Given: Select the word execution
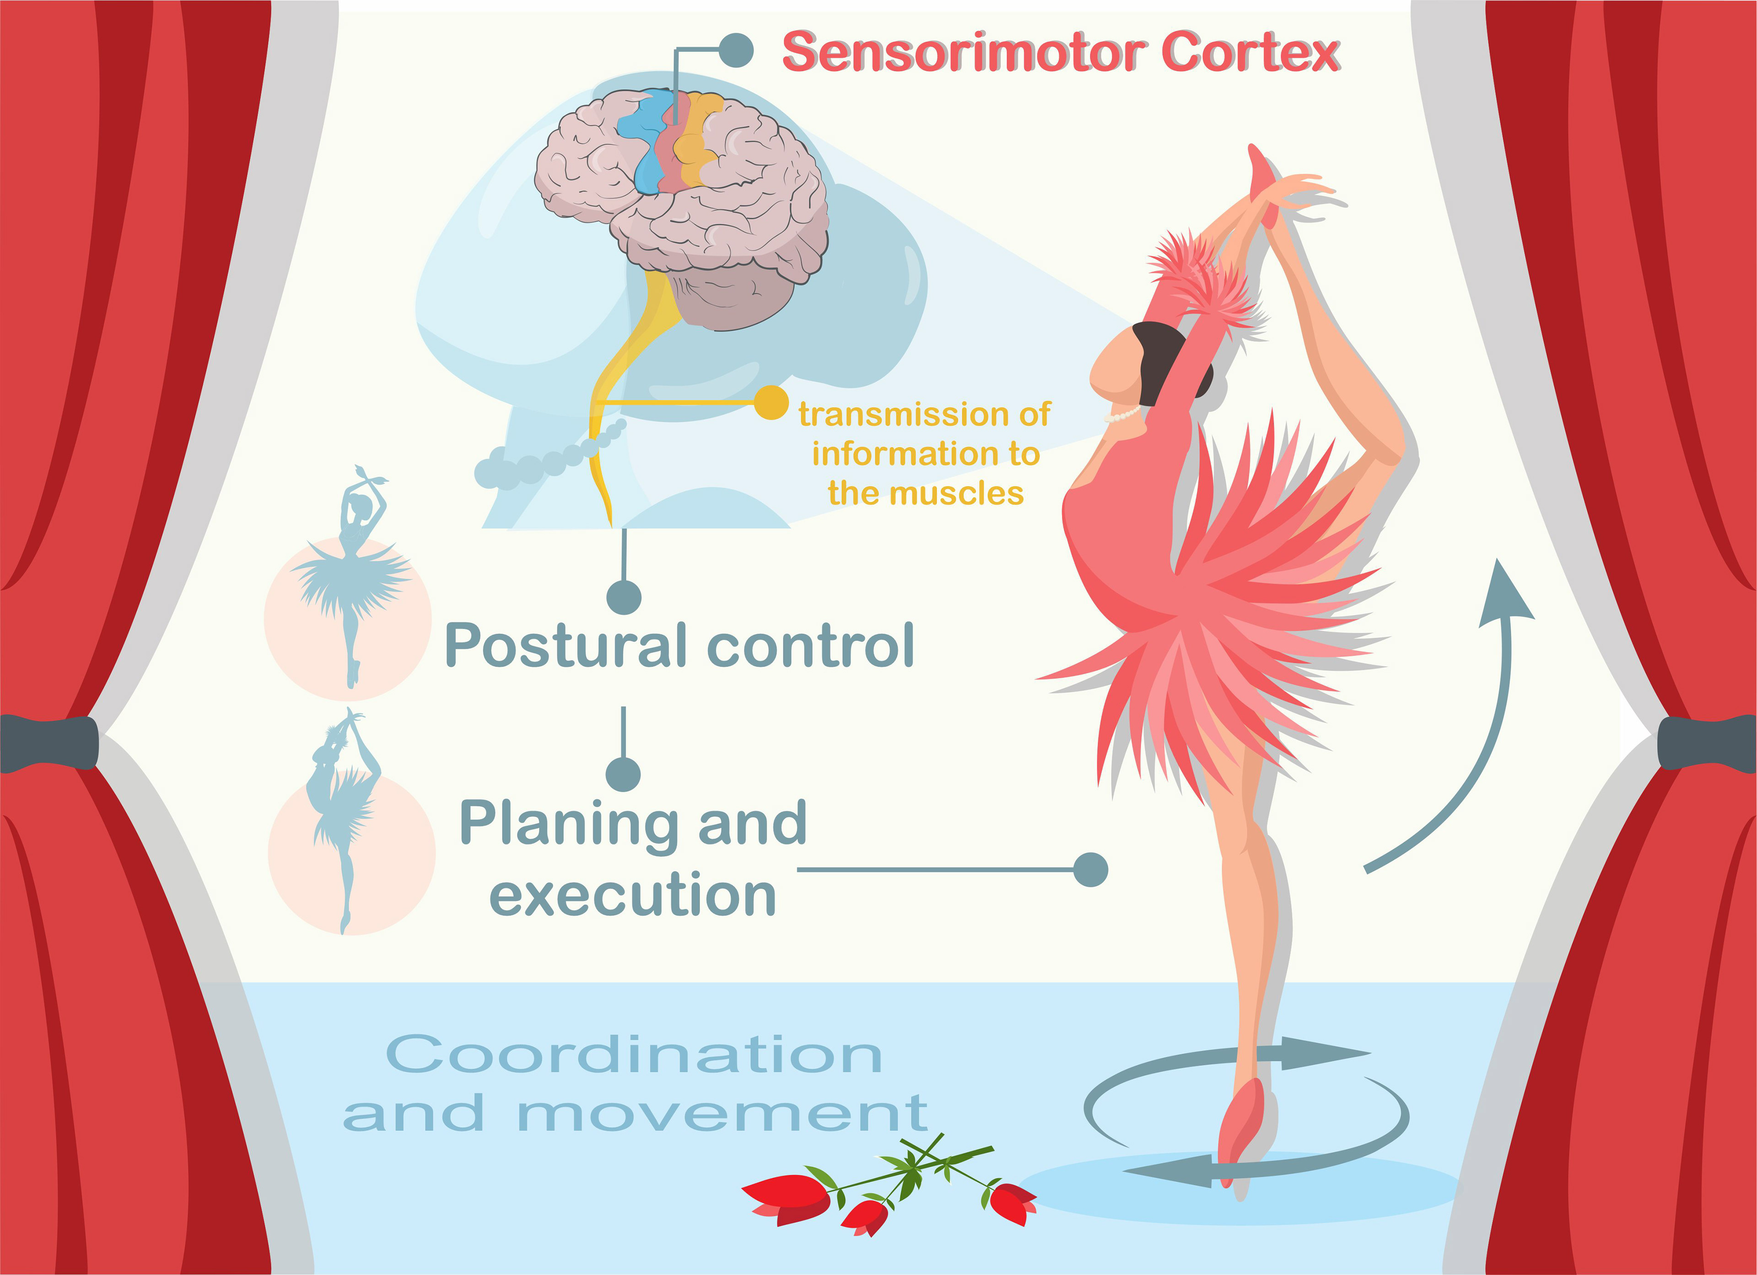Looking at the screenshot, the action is (633, 895).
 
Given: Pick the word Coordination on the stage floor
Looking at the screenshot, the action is (634, 1055).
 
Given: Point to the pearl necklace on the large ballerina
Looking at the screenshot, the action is (1123, 416).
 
